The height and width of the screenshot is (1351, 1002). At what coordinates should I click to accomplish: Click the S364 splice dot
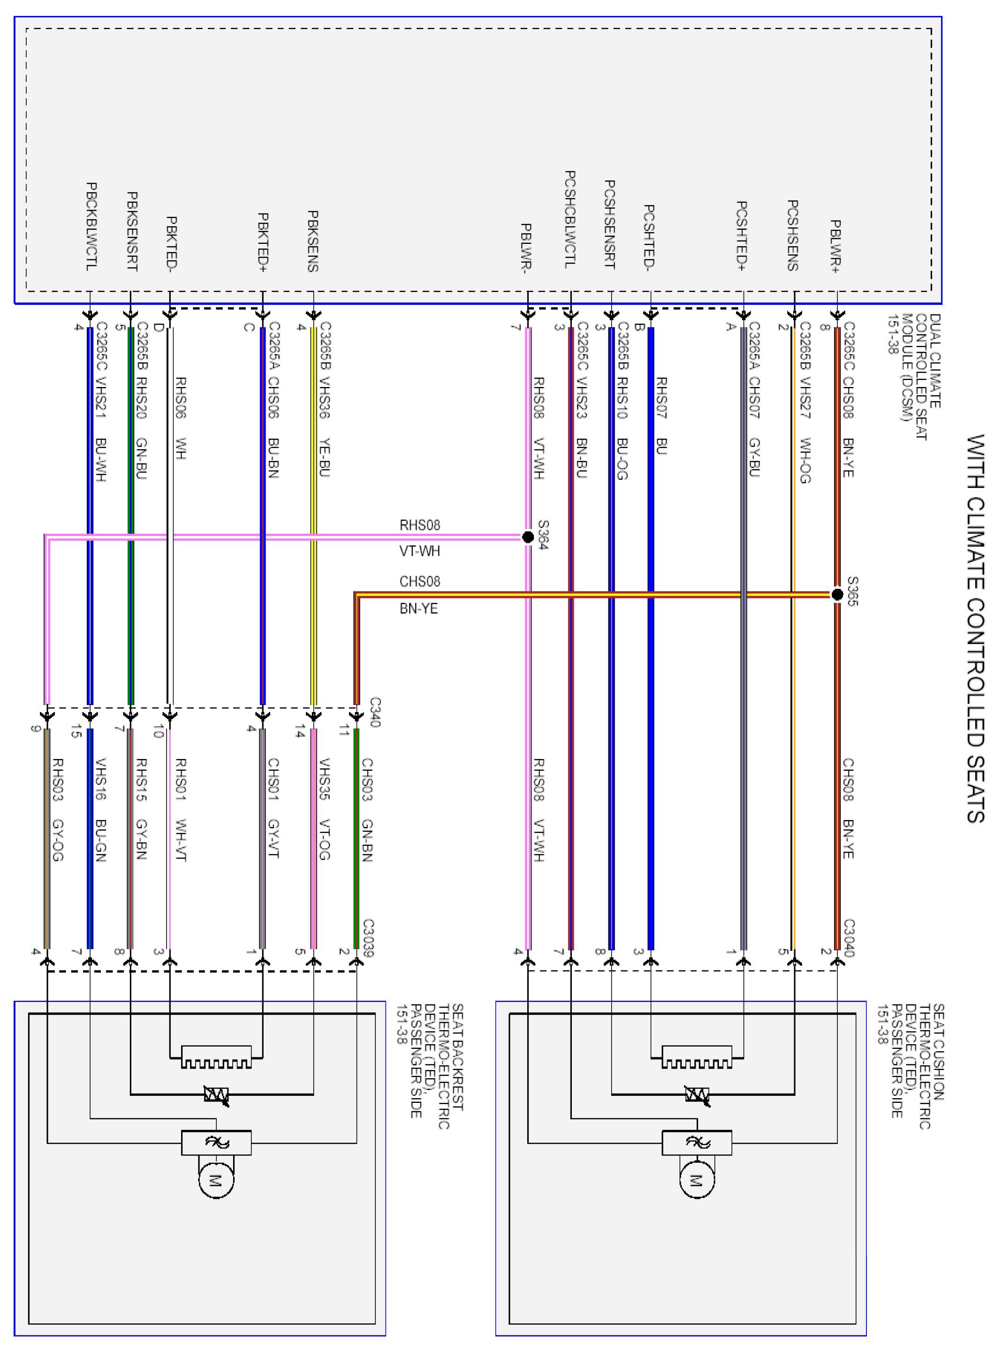point(528,537)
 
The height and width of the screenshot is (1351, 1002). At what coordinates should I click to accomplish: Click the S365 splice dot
point(837,595)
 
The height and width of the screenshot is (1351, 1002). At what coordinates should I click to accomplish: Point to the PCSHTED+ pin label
point(742,236)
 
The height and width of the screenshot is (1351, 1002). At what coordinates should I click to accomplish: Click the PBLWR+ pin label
point(835,246)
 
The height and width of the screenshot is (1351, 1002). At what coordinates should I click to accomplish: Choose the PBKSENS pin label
point(313,241)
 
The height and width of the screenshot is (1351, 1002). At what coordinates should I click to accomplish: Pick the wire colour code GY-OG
point(58,840)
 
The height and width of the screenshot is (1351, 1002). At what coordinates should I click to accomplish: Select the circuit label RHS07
point(661,398)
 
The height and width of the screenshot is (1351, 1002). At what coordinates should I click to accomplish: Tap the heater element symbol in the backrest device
point(216,1057)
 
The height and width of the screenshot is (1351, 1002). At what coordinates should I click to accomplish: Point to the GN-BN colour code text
point(367,840)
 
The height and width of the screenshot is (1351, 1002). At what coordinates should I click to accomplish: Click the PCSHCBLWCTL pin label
point(570,219)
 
